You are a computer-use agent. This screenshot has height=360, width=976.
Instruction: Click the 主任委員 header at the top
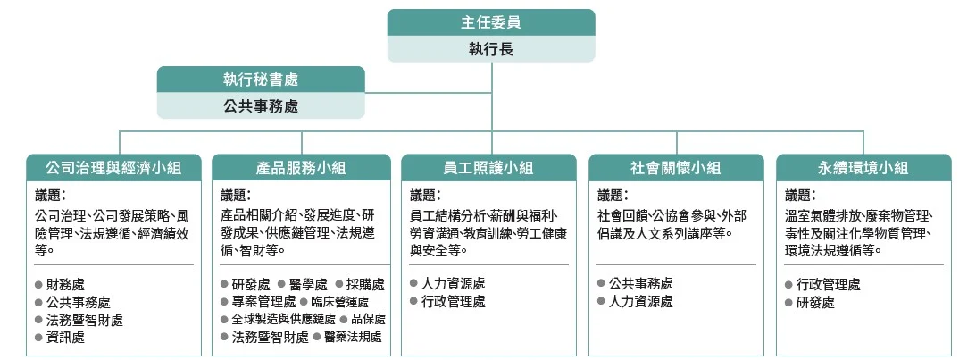point(491,22)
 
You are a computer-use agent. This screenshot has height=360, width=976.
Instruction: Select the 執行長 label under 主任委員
point(491,49)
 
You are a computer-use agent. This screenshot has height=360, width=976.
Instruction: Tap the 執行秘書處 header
point(261,80)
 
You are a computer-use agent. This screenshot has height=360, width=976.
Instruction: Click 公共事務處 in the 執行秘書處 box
point(261,106)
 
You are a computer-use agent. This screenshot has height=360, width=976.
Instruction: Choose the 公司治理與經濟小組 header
point(114,168)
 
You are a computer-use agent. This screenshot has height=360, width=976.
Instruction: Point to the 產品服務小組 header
point(301,168)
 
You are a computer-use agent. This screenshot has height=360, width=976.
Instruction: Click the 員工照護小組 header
point(488,168)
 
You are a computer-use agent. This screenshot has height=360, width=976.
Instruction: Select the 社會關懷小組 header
point(676,168)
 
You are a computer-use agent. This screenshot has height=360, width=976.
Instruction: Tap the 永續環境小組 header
point(863,168)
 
